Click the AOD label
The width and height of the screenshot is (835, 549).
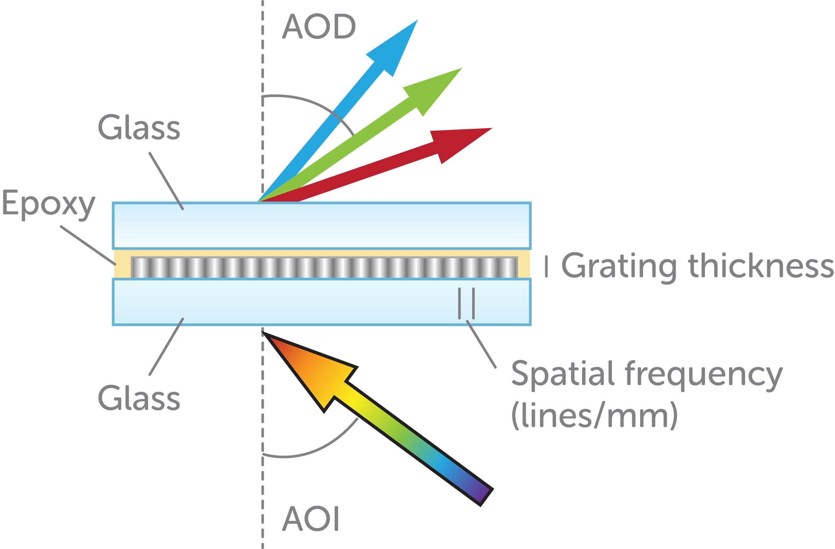[x=318, y=27]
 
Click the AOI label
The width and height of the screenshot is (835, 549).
[x=311, y=519]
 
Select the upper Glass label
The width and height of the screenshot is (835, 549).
[x=139, y=128]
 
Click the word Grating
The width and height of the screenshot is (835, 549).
[x=619, y=267]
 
